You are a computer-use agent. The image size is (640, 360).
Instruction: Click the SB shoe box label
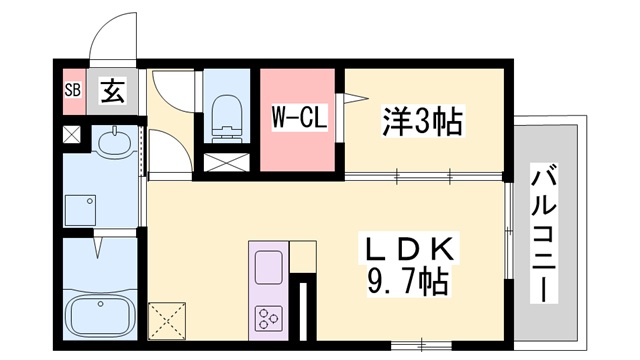72,89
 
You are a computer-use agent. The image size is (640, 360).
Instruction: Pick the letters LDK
409,245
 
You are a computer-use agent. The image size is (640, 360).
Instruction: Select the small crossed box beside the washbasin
73,133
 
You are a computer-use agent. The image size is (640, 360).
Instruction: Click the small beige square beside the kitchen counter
303,256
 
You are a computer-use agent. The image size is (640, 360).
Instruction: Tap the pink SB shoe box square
72,89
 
